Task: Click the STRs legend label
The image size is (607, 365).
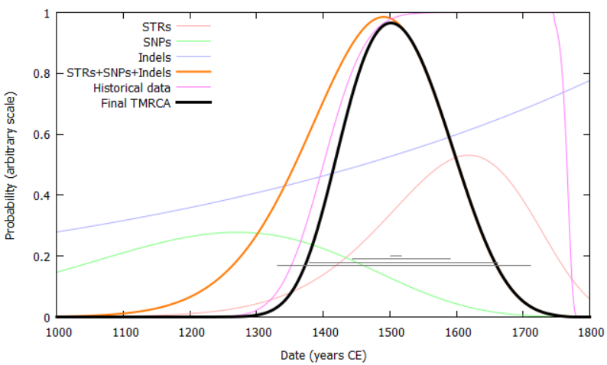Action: pos(157,27)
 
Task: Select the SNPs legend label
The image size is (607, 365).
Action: pos(156,42)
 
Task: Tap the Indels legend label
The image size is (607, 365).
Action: pos(154,57)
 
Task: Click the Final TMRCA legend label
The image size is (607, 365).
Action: pos(136,103)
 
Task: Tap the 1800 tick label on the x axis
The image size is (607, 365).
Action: pos(589,332)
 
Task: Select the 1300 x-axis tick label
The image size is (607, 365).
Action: pos(257,332)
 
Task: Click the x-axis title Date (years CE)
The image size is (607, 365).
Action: pos(323,354)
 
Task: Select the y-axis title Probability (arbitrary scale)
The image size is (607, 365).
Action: pos(11,165)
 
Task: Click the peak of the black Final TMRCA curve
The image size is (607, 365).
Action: pos(391,23)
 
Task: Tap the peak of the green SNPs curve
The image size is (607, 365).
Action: pos(235,232)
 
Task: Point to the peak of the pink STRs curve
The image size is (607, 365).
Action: pos(469,155)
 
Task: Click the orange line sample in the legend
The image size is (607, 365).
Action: pos(193,73)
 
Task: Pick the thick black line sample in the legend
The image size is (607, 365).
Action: pos(193,103)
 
